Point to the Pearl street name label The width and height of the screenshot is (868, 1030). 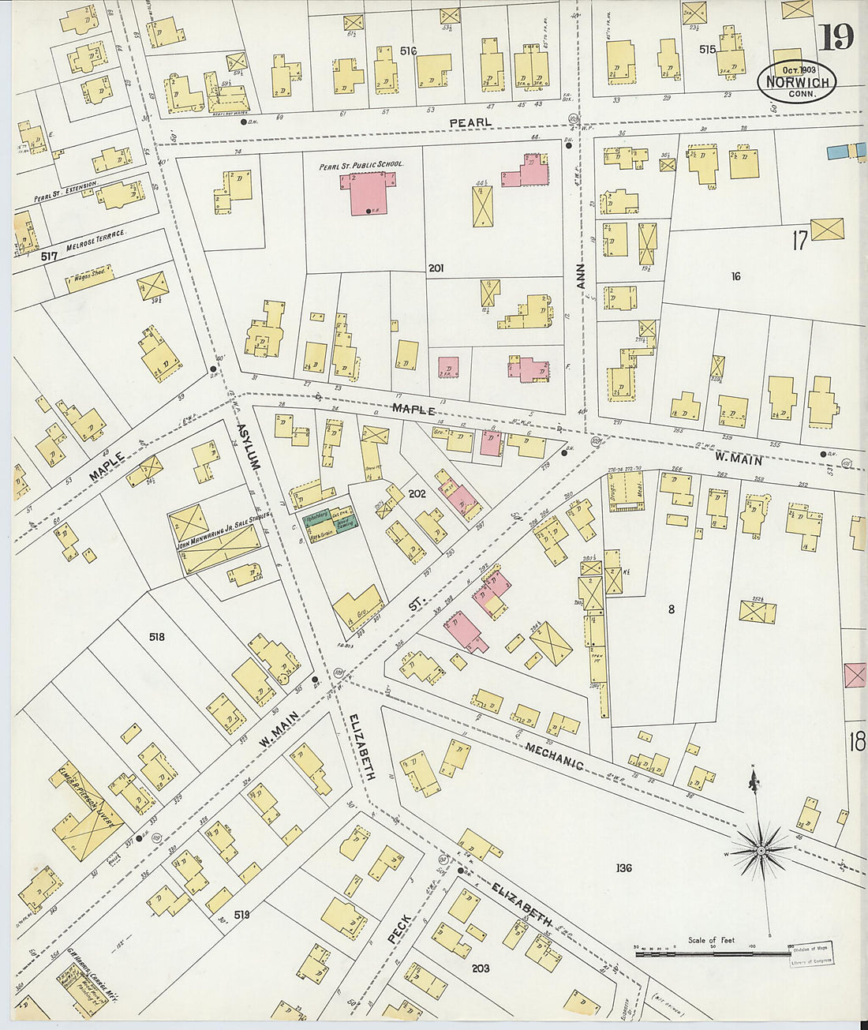tap(470, 122)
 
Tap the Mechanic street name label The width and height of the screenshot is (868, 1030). tap(554, 755)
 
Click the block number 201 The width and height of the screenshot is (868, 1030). tap(436, 268)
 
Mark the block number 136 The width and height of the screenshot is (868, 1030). tap(623, 868)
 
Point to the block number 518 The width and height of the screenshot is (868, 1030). tap(156, 635)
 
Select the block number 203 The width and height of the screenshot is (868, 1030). tap(480, 968)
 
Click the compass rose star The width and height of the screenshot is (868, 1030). tap(759, 851)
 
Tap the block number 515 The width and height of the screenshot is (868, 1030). tap(706, 49)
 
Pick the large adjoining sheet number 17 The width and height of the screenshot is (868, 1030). tap(799, 240)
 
